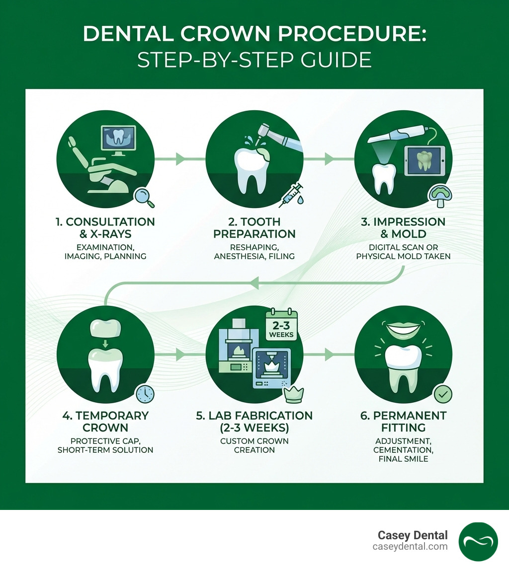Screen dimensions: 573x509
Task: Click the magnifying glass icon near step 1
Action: pyautogui.click(x=145, y=197)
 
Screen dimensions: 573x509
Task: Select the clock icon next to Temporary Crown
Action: pyautogui.click(x=145, y=394)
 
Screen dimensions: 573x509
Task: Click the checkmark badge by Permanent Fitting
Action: pyautogui.click(x=442, y=394)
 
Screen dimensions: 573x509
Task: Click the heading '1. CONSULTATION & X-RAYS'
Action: pyautogui.click(x=105, y=227)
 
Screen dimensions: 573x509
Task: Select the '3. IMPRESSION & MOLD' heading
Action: pyautogui.click(x=404, y=227)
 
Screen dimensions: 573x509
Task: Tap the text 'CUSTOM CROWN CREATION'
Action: pyautogui.click(x=254, y=445)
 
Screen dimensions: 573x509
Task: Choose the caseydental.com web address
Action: pyautogui.click(x=411, y=546)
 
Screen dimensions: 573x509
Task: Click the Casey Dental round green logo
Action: pyautogui.click(x=478, y=541)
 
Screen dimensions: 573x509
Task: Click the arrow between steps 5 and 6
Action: pyautogui.click(x=329, y=355)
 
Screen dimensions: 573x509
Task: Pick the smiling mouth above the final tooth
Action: pyautogui.click(x=403, y=329)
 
